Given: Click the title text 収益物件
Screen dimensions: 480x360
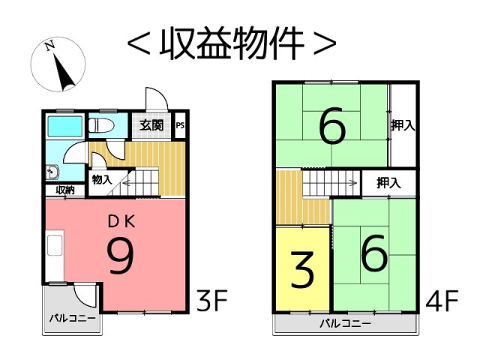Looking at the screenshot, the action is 232,42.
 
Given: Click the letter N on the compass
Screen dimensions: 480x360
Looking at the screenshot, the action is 50,46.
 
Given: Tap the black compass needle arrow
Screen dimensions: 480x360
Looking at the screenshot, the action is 64,72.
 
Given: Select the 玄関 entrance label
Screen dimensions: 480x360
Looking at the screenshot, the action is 151,125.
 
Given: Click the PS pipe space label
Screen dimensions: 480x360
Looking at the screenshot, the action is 180,125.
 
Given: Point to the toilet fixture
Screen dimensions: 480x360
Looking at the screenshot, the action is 101,125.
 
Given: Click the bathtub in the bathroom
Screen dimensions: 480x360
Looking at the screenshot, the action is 65,127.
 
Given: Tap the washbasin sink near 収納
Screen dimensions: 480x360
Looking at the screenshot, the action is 52,172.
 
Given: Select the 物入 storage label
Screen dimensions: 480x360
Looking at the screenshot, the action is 102,179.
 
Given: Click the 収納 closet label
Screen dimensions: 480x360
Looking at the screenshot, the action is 65,190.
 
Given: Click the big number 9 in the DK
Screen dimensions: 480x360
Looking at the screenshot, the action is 121,256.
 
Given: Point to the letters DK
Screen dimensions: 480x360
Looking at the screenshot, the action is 121,222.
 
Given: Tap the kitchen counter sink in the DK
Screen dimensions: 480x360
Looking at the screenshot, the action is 55,245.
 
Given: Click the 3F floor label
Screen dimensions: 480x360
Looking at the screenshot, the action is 212,300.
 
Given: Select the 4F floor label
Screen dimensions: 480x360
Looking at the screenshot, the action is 442,300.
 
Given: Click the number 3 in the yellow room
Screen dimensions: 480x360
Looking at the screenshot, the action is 302,270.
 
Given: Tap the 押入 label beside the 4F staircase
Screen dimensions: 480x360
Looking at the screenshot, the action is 388,183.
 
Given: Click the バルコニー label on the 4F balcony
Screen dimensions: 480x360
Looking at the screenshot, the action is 345,323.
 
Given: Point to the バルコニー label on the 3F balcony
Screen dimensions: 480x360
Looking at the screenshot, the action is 73,318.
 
